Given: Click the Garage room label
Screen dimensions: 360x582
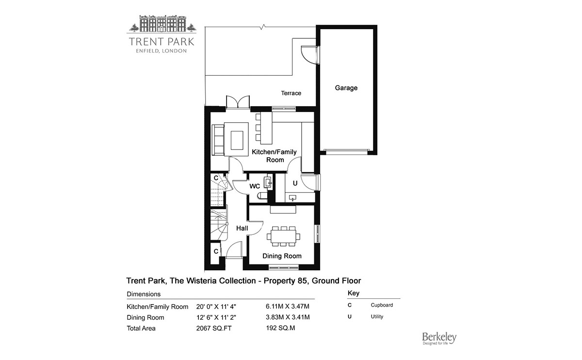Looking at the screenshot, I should coord(346,88).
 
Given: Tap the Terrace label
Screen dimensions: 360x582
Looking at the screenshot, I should coord(291,93).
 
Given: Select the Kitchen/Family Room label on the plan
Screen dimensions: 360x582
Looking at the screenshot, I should coord(274,156).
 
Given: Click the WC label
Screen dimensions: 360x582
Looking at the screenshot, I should coord(255,186).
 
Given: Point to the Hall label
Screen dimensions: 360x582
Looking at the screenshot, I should coord(242,228).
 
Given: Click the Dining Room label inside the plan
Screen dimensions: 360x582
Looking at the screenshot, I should coord(282,256).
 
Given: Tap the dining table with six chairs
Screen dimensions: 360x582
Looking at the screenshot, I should coord(283,236).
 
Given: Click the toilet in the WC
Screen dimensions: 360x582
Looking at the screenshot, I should coord(262,196).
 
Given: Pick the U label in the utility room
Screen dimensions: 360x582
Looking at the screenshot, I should coord(294,183).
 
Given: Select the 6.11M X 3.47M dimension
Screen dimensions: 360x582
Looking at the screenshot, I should coord(288,306).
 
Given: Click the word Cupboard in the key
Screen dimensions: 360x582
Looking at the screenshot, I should coord(382,305).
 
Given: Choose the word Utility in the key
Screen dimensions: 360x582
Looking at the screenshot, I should coord(377,317).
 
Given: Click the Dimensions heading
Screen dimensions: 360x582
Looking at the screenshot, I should coord(144,294).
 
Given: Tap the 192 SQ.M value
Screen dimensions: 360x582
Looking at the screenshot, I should coord(281,328).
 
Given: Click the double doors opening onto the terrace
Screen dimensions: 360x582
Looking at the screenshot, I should coord(237,102).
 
